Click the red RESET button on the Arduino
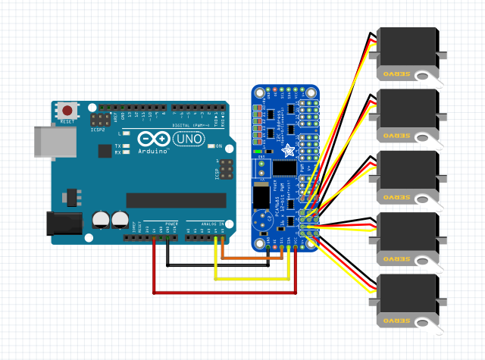tap(67, 111)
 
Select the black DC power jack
tap(64, 223)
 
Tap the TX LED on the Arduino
tap(127, 146)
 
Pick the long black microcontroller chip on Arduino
tap(176, 199)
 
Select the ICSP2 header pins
tap(99, 119)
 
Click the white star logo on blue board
tap(289, 150)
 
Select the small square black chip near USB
tap(105, 150)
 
